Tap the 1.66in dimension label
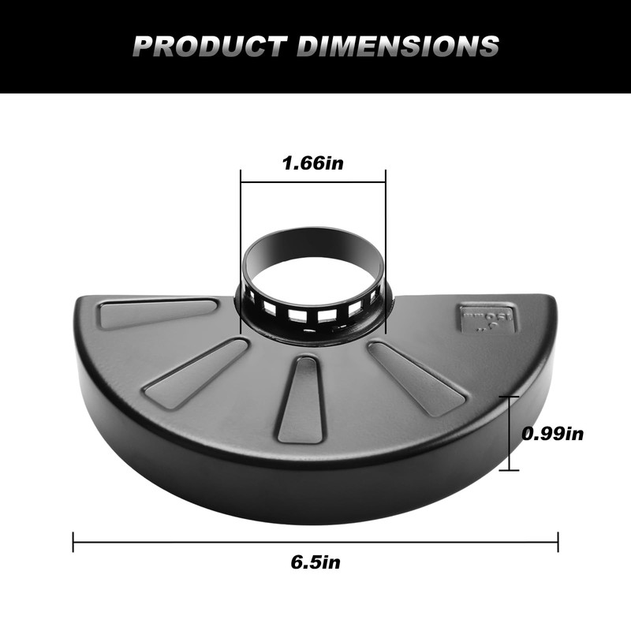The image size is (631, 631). click(x=313, y=164)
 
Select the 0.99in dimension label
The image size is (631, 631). click(x=553, y=433)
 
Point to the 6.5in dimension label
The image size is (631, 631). click(x=315, y=562)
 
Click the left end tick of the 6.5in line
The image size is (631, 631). click(x=73, y=542)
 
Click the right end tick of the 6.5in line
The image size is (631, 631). click(x=558, y=542)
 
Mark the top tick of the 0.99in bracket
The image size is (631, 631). click(x=509, y=396)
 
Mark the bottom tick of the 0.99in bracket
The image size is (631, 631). click(x=509, y=470)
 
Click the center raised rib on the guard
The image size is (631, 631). click(x=302, y=398)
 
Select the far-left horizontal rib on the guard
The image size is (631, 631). click(x=158, y=312)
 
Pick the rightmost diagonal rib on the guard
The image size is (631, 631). click(x=418, y=377)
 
